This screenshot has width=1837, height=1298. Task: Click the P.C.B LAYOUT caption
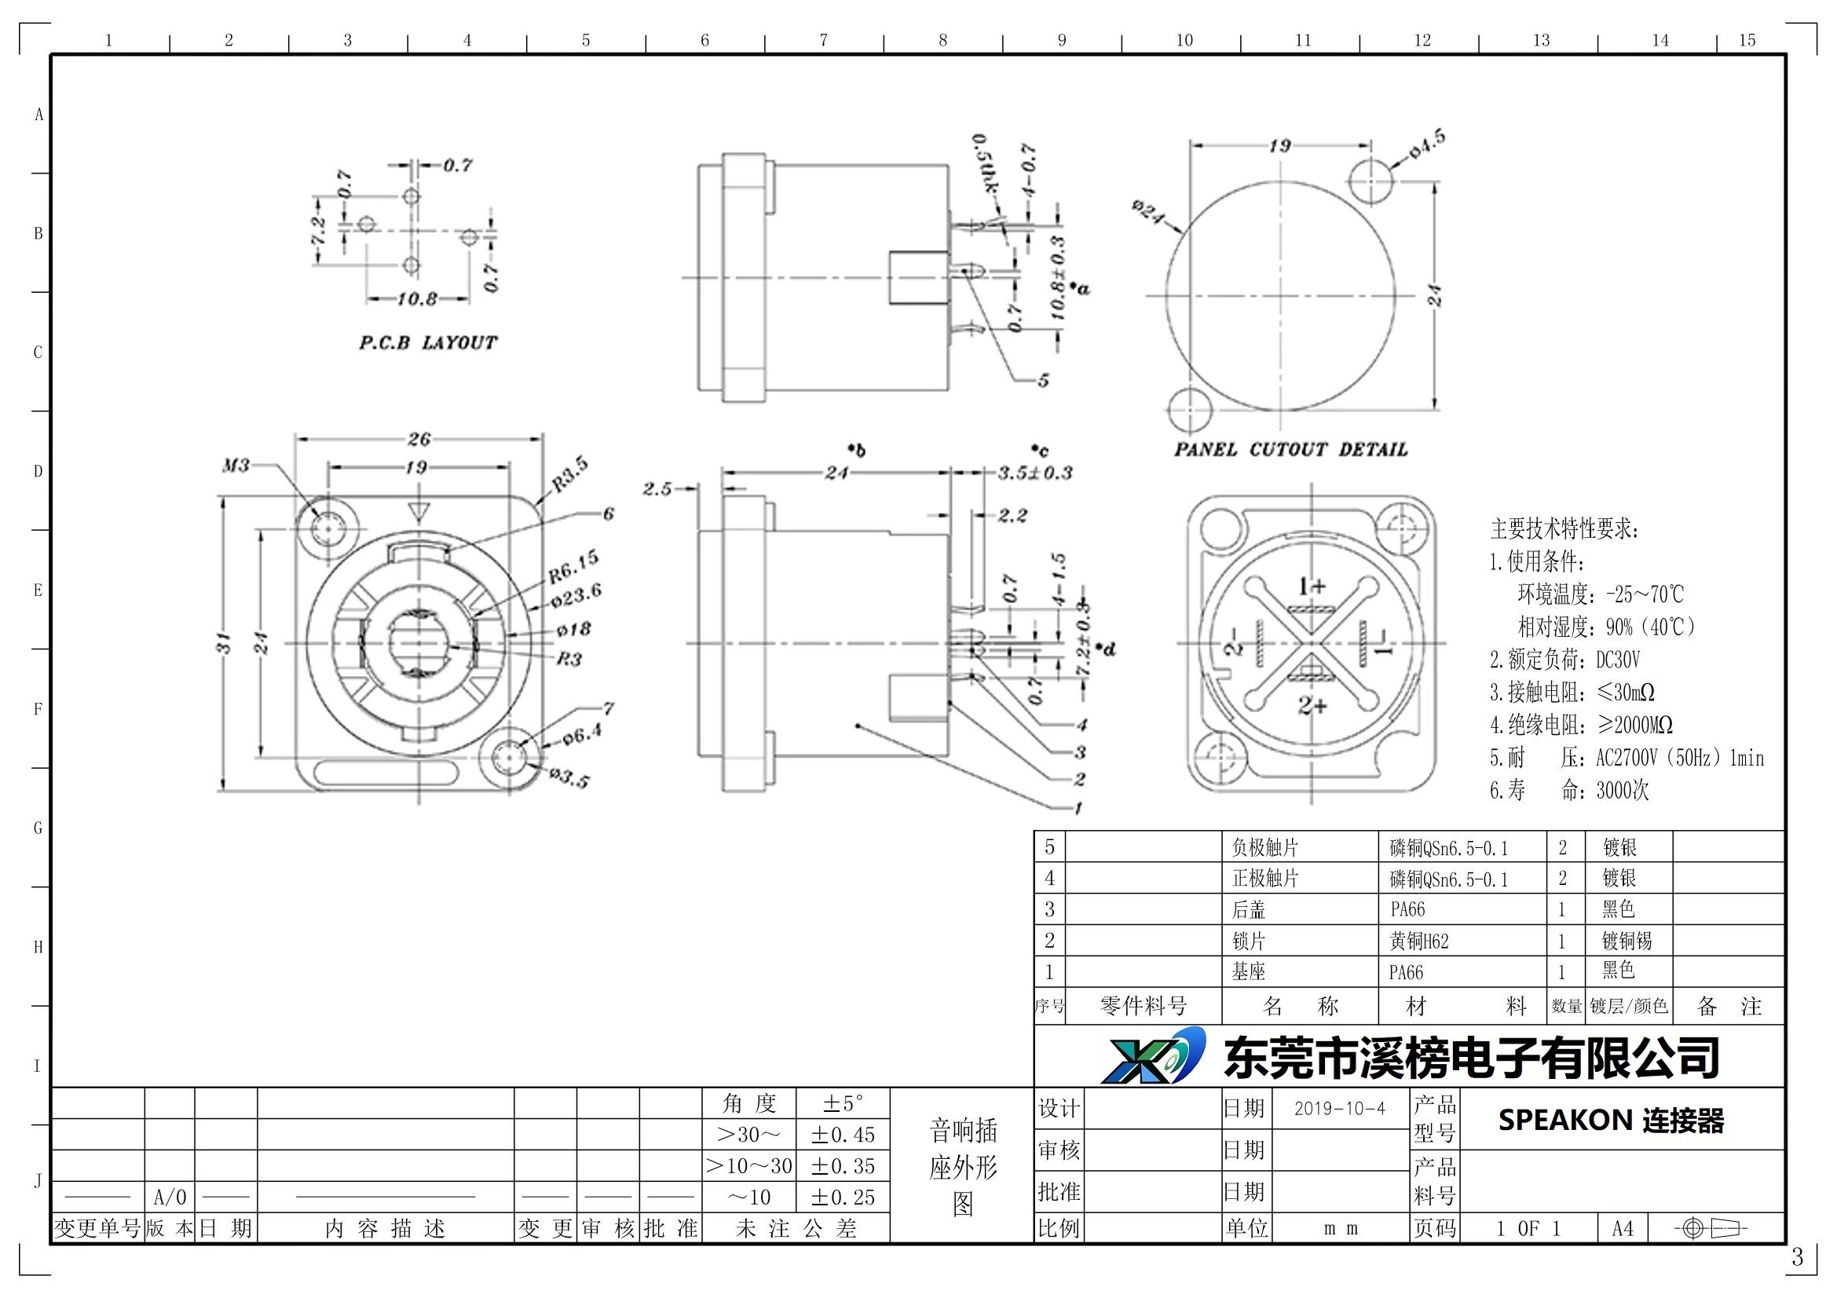pos(427,343)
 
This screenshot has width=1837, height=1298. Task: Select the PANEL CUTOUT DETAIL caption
pos(1290,449)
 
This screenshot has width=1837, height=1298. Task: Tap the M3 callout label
pos(236,465)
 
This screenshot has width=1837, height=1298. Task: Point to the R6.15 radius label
pos(573,566)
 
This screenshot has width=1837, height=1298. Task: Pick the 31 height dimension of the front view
pos(225,643)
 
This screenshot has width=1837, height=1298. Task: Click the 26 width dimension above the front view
pos(419,439)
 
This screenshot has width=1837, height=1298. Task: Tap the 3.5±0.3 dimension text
pos(1034,473)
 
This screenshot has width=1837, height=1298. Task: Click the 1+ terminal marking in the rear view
pos(1312,587)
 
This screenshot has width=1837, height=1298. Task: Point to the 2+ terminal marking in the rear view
pos(1312,705)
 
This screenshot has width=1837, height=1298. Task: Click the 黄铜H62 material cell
pos(1418,942)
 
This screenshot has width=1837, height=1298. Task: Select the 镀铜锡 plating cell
pos(1626,942)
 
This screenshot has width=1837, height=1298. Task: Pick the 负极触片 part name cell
pos(1265,848)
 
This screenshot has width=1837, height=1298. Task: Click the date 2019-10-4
pos(1339,1109)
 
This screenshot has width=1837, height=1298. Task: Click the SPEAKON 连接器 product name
pos(1611,1121)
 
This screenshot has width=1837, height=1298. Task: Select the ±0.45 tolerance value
pos(843,1135)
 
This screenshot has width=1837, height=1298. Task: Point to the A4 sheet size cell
pos(1623,1228)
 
